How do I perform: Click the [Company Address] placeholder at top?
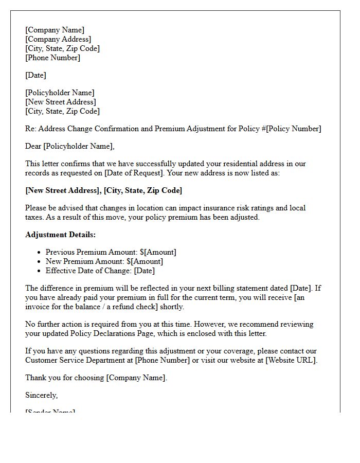pyautogui.click(x=58, y=39)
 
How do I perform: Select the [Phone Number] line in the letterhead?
pyautogui.click(x=52, y=58)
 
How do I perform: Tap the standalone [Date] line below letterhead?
pyautogui.click(x=35, y=75)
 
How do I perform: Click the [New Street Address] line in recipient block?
pyautogui.click(x=60, y=102)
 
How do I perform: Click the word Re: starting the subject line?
pyautogui.click(x=30, y=129)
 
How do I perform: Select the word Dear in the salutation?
pyautogui.click(x=33, y=146)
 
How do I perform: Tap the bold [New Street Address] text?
pyautogui.click(x=63, y=190)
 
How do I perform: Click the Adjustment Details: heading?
pyautogui.click(x=60, y=235)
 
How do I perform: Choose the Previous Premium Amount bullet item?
pyautogui.click(x=111, y=252)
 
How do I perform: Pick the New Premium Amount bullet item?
pyautogui.click(x=104, y=261)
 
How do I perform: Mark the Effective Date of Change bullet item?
pyautogui.click(x=100, y=271)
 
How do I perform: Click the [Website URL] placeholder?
pyautogui.click(x=291, y=360)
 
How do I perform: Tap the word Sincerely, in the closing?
pyautogui.click(x=41, y=395)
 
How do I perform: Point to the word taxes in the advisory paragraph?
pyautogui.click(x=35, y=217)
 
